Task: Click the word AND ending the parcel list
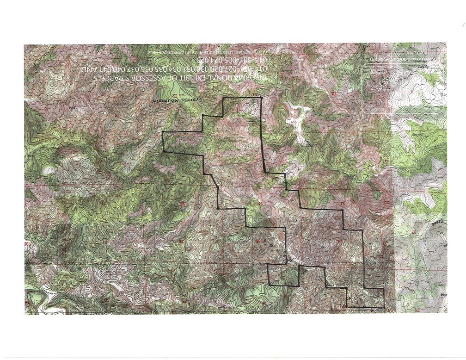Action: (x=87, y=69)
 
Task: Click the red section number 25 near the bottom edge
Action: (x=185, y=302)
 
